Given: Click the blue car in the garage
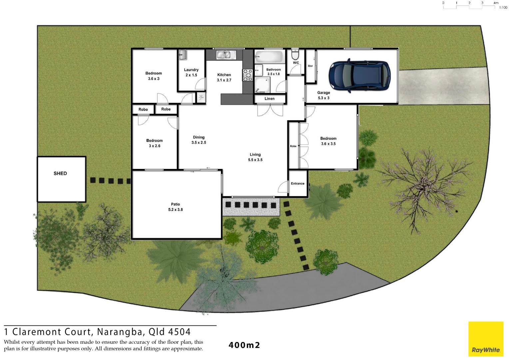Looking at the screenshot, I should pos(359,76).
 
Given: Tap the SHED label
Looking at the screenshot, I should pos(60,173).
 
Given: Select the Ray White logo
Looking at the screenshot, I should pos(486,339).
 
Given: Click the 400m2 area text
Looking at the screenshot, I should pos(244,345).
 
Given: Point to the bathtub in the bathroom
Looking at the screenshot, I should pos(269,56).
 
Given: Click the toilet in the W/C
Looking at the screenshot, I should pos(295,54).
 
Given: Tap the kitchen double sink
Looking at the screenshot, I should pos(224,55).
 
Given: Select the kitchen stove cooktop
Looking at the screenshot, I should pos(248,75).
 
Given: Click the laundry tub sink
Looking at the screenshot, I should pos(182,55).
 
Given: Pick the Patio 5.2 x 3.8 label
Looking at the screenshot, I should pos(176,207).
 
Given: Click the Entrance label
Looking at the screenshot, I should pos(297,184).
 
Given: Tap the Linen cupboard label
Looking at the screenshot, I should pos(269,99).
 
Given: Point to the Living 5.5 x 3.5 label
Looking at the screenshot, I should pos(255,157).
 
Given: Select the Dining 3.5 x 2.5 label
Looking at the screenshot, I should pos(199,140).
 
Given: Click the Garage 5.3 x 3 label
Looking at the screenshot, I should pos(323,95).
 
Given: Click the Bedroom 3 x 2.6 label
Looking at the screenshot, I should pos(155,143).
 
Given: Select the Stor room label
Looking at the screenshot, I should pos(310,66).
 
